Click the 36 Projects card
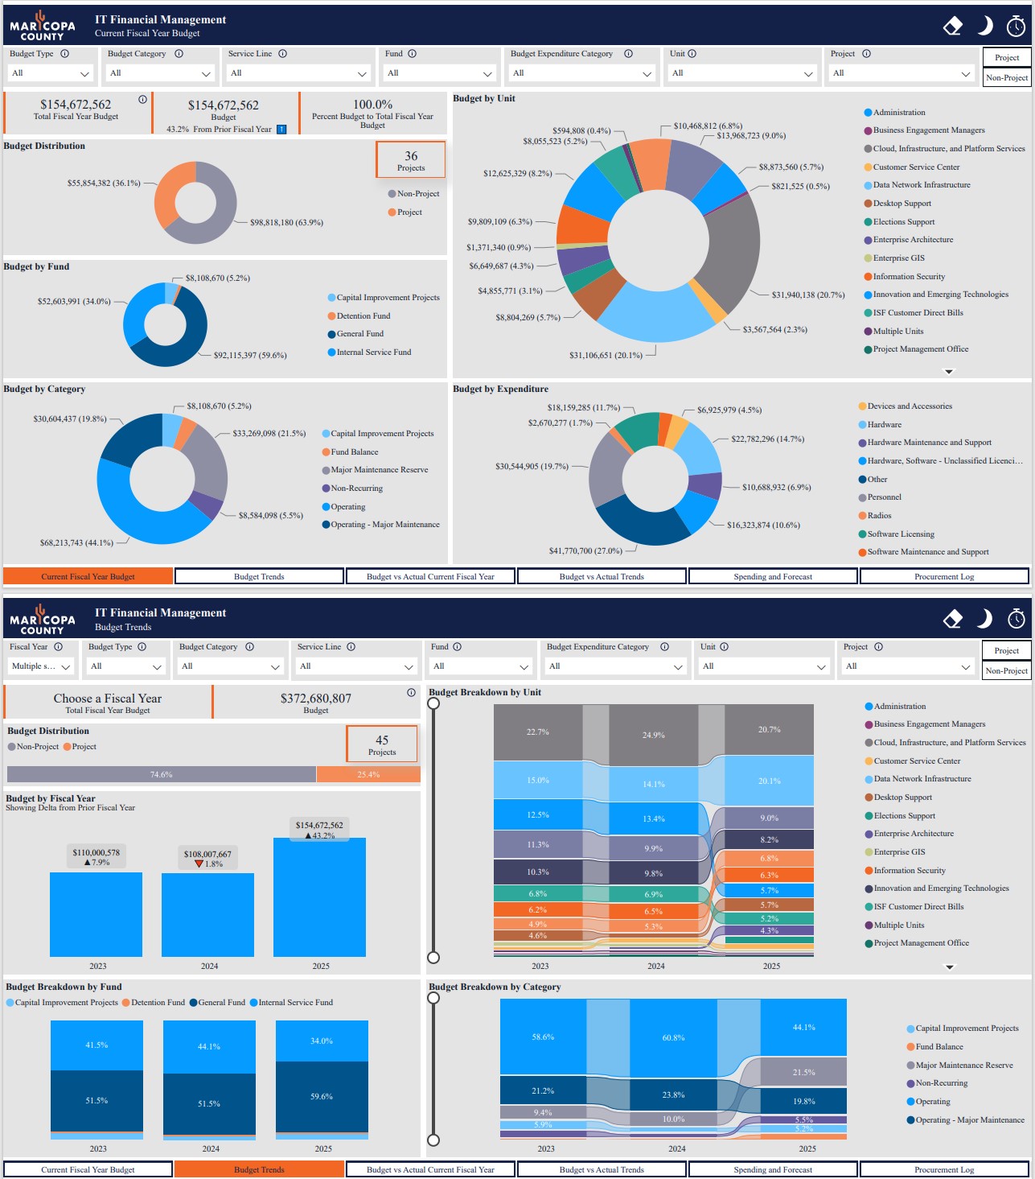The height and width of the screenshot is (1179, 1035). pyautogui.click(x=410, y=160)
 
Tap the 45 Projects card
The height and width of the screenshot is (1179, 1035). pyautogui.click(x=382, y=744)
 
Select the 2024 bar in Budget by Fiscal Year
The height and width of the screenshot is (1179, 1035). pyautogui.click(x=208, y=914)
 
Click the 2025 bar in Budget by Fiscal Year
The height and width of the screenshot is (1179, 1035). pyautogui.click(x=319, y=897)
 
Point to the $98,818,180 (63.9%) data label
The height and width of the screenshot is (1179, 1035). pyautogui.click(x=286, y=223)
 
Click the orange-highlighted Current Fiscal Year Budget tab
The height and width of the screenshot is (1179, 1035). pyautogui.click(x=88, y=576)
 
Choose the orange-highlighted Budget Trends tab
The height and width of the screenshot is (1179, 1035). pyautogui.click(x=259, y=1169)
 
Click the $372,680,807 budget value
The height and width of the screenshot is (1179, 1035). pyautogui.click(x=316, y=699)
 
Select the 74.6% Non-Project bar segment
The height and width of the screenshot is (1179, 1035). pyautogui.click(x=161, y=774)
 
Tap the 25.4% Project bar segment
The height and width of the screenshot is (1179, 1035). pyautogui.click(x=368, y=774)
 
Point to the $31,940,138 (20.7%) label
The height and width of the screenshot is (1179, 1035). pyautogui.click(x=807, y=295)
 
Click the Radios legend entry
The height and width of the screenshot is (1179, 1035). pyautogui.click(x=879, y=516)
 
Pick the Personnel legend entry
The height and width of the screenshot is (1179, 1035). pyautogui.click(x=884, y=497)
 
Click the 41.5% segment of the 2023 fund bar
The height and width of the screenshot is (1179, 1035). pyautogui.click(x=97, y=1045)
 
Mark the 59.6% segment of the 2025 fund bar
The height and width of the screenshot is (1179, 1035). pyautogui.click(x=322, y=1096)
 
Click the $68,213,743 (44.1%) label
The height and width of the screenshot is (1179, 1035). pyautogui.click(x=76, y=543)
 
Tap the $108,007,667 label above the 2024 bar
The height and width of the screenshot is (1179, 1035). pyautogui.click(x=207, y=855)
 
